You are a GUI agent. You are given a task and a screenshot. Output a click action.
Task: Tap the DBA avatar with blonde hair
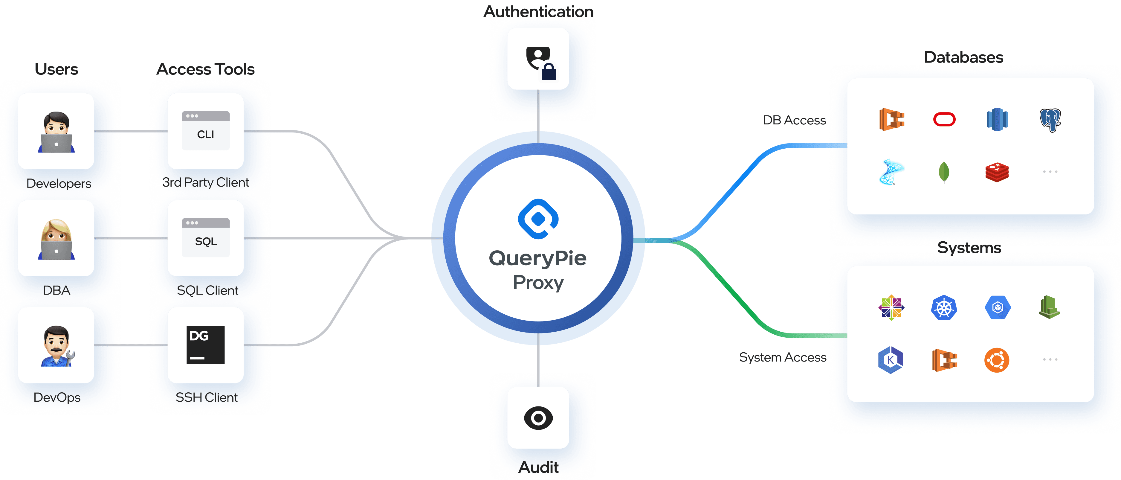56,239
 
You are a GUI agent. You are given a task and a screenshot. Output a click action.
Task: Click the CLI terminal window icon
205,131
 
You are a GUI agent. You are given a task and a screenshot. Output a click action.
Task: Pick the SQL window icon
205,237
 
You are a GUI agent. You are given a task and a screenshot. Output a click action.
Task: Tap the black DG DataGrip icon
205,345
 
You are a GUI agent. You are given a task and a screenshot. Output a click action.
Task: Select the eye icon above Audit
538,418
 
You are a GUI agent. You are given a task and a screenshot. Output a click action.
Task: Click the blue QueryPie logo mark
538,219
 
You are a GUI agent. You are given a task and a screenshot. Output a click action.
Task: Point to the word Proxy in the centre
538,283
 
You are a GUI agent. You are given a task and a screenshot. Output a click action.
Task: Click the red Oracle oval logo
944,119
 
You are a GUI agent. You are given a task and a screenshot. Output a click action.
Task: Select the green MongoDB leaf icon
944,172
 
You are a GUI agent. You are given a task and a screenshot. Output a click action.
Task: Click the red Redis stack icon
997,172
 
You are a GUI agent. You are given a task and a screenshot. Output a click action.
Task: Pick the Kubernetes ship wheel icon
944,308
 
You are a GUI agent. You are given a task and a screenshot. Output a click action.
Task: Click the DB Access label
794,120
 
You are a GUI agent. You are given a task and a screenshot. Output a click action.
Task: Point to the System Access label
782,357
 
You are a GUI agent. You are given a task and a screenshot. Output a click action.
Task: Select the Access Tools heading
205,69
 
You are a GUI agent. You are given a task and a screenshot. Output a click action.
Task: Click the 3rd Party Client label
205,182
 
